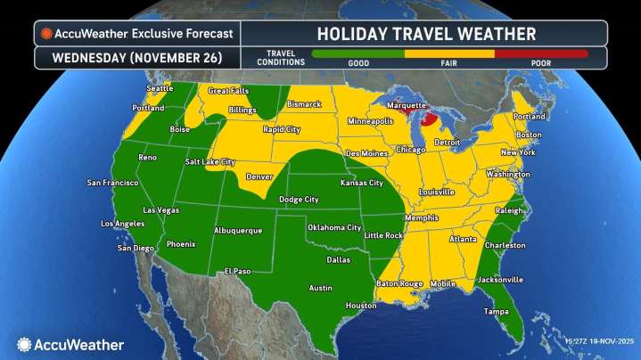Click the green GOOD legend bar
tap(357, 54)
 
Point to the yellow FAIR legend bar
tap(450, 54)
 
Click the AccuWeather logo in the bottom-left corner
tap(70, 344)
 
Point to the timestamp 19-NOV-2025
tap(597, 342)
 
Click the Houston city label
tap(361, 306)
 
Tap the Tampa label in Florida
tap(496, 311)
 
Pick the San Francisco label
tap(112, 183)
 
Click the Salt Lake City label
tap(210, 162)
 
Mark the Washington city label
tap(508, 174)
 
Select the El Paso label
tap(237, 271)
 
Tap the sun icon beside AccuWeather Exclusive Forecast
tap(45, 34)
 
